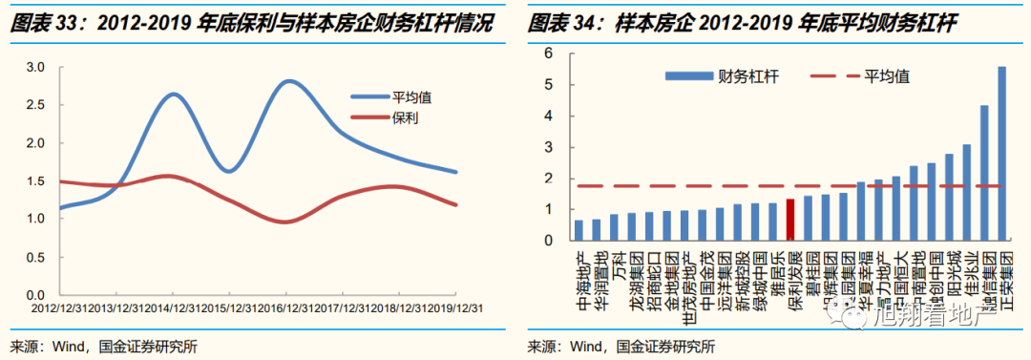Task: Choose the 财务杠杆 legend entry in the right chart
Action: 720,75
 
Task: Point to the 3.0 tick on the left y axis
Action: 36,67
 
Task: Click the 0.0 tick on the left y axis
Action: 36,295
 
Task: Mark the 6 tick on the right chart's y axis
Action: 550,53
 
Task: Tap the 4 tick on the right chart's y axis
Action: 550,116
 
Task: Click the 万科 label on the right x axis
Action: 614,261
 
